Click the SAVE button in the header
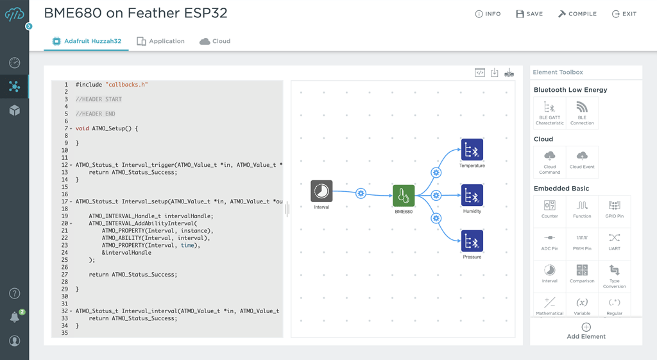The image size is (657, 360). (529, 14)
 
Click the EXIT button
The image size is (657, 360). (624, 14)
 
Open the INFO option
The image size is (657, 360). (488, 14)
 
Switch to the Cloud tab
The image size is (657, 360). (215, 41)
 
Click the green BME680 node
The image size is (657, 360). (404, 196)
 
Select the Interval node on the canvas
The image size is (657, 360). (321, 191)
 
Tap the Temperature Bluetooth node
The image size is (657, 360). (472, 150)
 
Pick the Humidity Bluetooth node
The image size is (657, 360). (472, 196)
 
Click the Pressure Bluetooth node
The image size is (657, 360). (472, 242)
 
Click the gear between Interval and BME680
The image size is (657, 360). (361, 193)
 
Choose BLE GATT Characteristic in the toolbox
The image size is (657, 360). (549, 112)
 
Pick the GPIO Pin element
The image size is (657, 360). (614, 210)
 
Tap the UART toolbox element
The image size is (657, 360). (614, 241)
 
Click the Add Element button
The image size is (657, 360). (586, 331)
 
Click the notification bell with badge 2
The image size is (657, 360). (15, 317)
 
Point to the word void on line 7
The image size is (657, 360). (82, 128)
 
